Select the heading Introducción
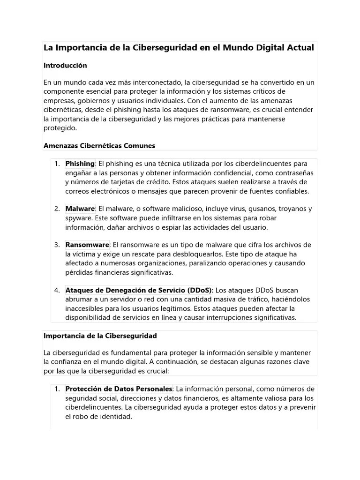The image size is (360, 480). pos(65,66)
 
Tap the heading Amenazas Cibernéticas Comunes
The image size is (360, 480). pos(99,146)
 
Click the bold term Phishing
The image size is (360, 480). pos(80,164)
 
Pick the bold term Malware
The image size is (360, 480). pos(80,209)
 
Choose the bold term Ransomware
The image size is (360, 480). pos(87,245)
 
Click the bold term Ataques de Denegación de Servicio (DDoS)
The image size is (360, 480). pos(138,290)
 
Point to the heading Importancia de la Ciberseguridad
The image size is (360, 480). pos(100,336)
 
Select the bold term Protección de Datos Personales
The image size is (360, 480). pos(119,389)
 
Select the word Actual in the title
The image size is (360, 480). pos(300,48)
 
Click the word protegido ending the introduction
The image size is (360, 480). pos(60,128)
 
